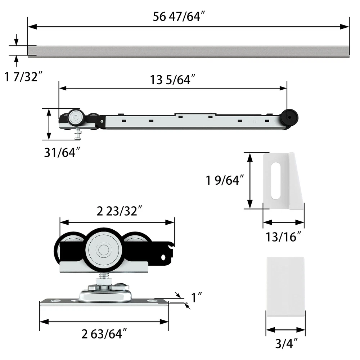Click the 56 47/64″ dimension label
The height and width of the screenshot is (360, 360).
179,17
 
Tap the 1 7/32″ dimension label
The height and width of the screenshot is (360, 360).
24,77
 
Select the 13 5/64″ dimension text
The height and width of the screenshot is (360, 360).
173,80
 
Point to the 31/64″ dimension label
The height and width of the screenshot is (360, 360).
62,152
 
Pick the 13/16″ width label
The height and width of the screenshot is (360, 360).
283,237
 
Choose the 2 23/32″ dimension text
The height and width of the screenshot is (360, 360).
120,211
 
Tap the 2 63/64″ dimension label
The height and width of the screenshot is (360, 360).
104,334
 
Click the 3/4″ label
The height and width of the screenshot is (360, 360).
286,344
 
